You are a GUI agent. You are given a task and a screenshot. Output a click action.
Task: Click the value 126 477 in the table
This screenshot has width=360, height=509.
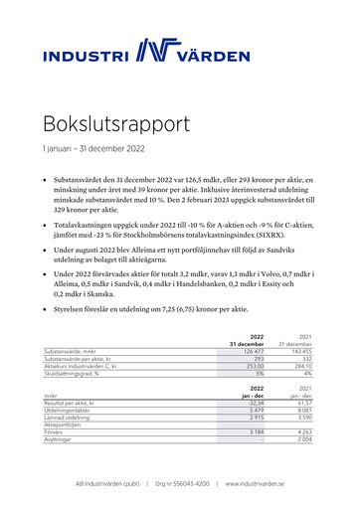pyautogui.click(x=261, y=351)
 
